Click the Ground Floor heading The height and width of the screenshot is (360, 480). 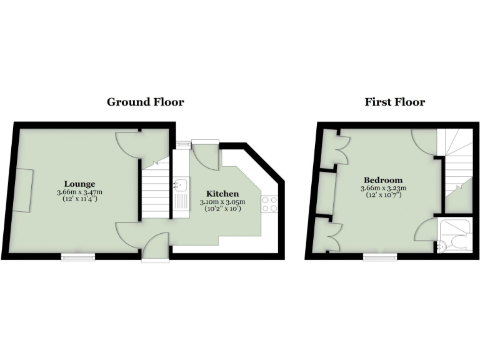pos(145,102)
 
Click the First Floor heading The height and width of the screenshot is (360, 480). pos(394,102)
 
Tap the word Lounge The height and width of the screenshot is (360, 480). pos(79,184)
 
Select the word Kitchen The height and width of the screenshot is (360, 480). pos(222,194)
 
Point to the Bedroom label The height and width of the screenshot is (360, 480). pos(383,180)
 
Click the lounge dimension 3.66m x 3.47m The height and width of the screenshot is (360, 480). pos(79,191)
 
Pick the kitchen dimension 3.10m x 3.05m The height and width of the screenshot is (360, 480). pos(222,202)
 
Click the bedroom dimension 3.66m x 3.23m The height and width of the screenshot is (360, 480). pos(383,187)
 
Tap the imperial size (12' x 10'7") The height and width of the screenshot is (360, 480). pos(383,195)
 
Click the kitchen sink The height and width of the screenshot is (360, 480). pos(181,186)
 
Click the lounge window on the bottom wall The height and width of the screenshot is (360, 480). pos(78,256)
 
